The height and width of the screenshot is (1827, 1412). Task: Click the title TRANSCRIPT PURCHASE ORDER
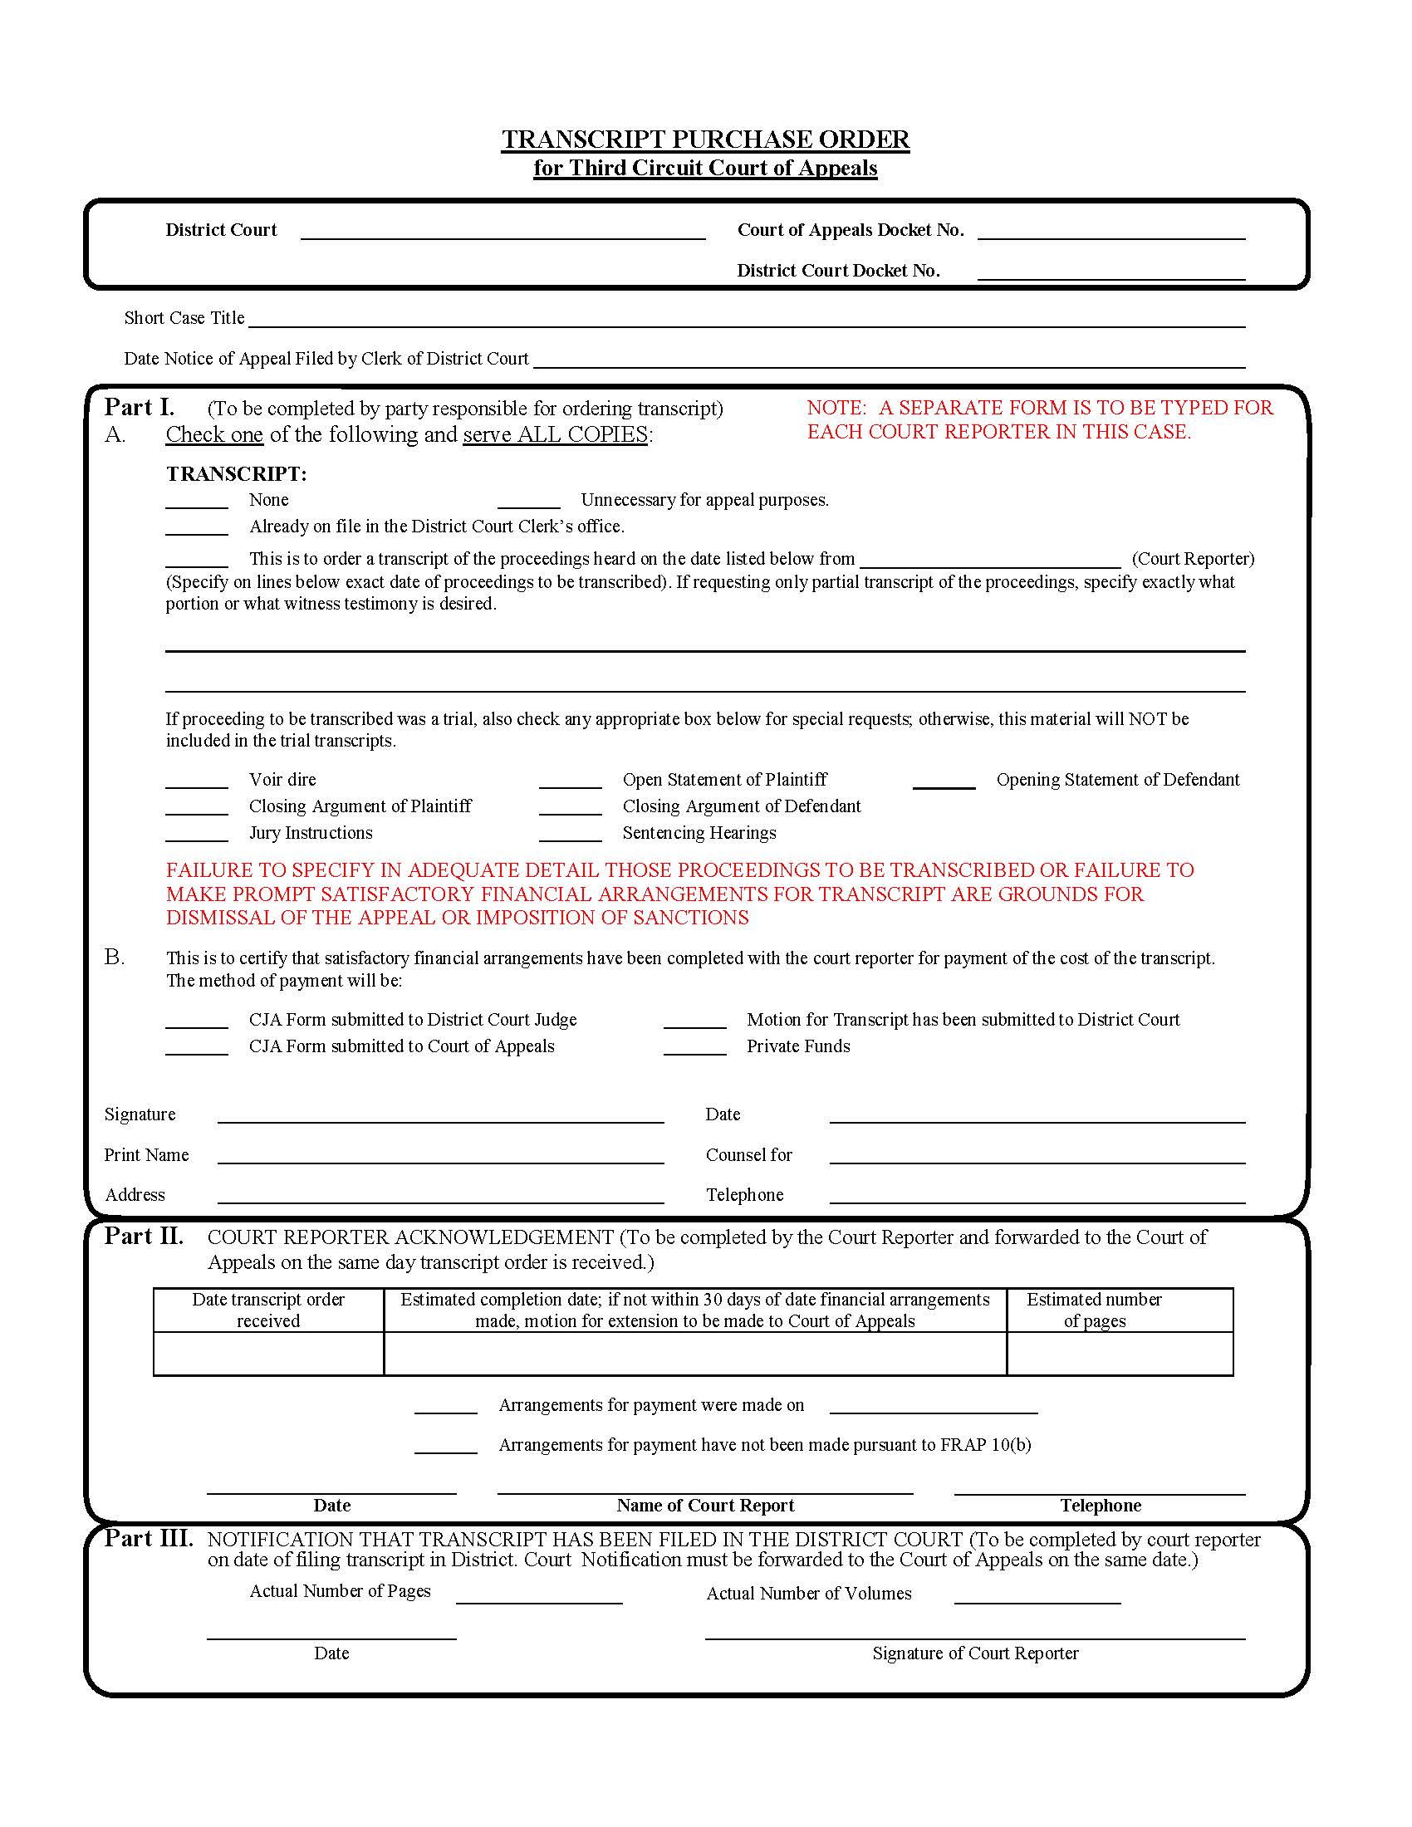point(705,139)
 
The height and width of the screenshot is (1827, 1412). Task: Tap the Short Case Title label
point(184,318)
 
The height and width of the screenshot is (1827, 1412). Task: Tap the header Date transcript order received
point(267,1310)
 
